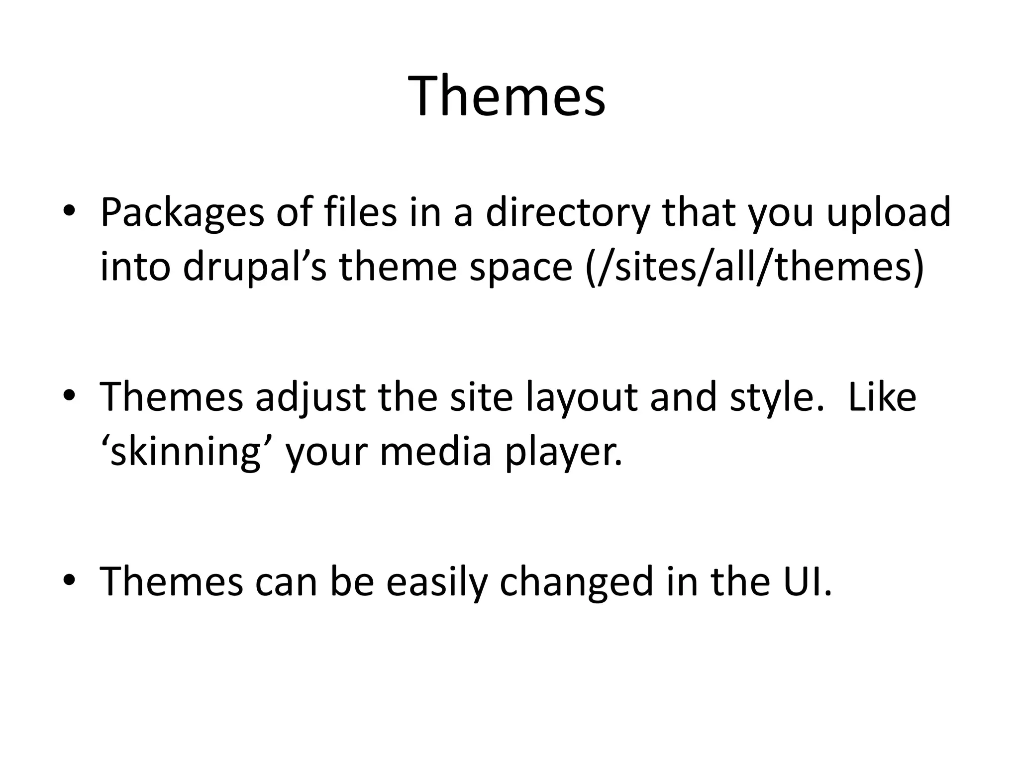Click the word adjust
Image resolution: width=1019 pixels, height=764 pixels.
click(x=310, y=397)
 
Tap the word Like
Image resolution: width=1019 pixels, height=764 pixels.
click(x=881, y=397)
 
